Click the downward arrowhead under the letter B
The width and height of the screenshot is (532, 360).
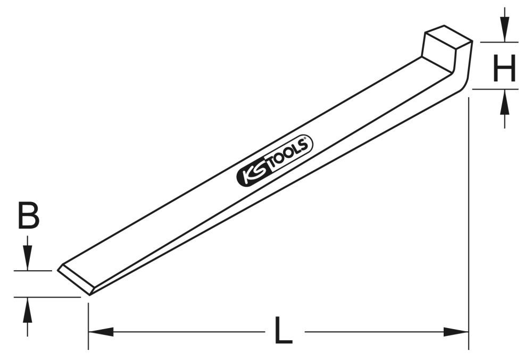tap(28, 258)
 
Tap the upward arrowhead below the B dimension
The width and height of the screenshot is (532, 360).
tap(28, 309)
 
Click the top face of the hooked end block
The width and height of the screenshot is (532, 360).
tap(448, 37)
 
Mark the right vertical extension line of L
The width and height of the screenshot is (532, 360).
tap(469, 223)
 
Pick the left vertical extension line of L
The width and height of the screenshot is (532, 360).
tap(88, 324)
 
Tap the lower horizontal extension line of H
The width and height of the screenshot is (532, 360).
tap(495, 89)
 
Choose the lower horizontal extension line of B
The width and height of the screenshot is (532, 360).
tap(48, 297)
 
